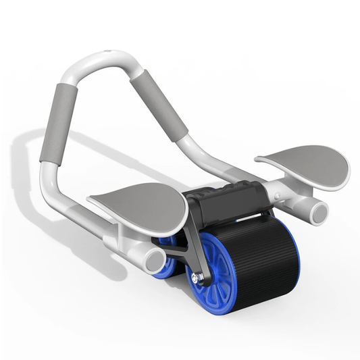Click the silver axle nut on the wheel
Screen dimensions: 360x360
click(197, 276)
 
